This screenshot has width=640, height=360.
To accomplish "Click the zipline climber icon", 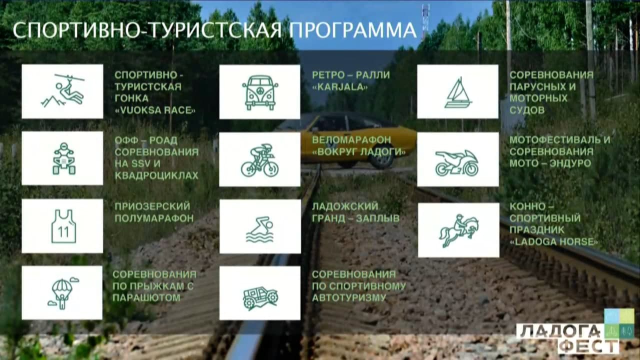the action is [62, 90].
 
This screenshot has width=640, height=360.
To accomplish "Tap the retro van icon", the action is [259, 92].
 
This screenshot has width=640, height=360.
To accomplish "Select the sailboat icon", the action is [458, 92].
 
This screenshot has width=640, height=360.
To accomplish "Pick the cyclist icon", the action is [259, 160].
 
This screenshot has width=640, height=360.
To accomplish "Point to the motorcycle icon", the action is [456, 163].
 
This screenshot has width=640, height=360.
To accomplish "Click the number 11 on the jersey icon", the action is [63, 232].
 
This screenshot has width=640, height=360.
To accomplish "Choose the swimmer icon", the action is [259, 229].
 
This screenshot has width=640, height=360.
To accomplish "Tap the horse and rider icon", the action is [458, 230].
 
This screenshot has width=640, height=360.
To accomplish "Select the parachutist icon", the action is [63, 293].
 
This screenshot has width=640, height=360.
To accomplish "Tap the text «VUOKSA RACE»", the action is [155, 110].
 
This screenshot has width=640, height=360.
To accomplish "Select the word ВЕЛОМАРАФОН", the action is [351, 139].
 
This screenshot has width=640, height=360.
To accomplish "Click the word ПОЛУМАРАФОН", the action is [154, 218].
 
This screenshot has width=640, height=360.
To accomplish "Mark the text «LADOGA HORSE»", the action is [553, 242].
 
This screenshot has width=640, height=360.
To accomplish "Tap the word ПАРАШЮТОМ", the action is [146, 297].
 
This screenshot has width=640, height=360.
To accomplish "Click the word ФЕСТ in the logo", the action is [588, 347].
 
